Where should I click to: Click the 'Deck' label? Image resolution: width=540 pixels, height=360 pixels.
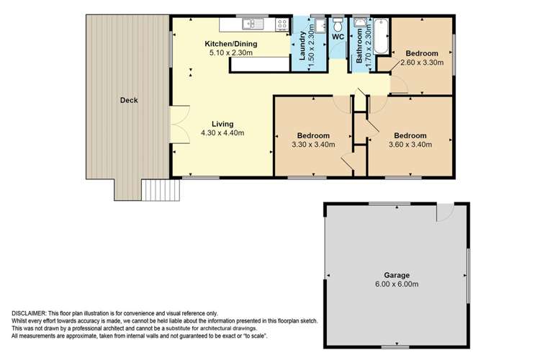(x=128, y=101)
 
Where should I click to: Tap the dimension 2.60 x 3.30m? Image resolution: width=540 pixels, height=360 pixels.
(x=421, y=63)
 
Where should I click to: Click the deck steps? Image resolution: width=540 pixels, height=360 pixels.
(x=160, y=190)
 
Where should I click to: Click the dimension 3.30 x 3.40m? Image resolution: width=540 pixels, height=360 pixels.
(x=312, y=145)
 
